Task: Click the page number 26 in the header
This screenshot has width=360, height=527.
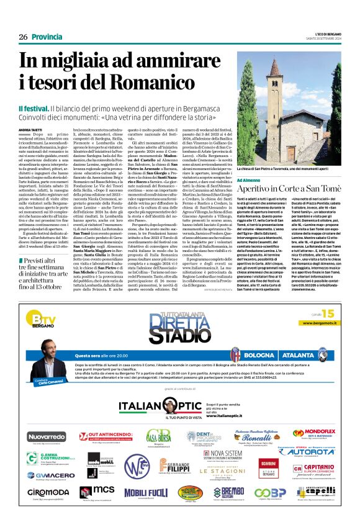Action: pos(23,37)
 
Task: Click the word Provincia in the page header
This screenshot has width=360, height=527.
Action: pos(47,37)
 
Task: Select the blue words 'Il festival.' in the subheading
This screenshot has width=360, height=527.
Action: pos(33,109)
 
